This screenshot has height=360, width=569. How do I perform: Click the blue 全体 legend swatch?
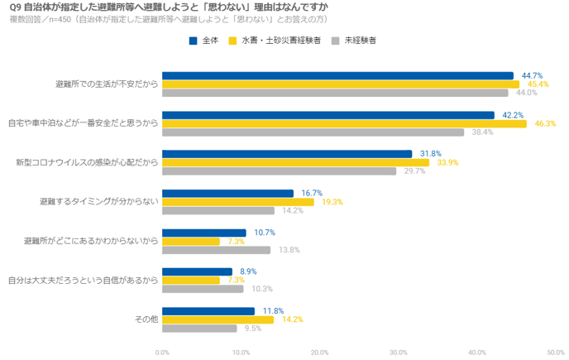point(193,40)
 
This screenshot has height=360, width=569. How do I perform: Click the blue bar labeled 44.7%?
point(337,75)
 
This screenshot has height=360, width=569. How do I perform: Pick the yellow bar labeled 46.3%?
point(344,123)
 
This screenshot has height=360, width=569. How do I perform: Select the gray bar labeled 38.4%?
point(313,132)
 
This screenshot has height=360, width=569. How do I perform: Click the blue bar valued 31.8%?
point(287,154)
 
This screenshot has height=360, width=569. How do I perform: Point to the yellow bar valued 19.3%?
point(238,202)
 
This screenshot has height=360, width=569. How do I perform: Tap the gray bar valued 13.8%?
point(217,250)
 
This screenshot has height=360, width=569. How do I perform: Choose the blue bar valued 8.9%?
point(198,271)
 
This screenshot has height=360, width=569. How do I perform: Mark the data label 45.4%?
point(538,84)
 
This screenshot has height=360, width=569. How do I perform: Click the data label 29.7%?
point(414,171)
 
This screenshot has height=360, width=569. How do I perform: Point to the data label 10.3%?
point(261,289)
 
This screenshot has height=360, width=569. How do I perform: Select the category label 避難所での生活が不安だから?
point(106,84)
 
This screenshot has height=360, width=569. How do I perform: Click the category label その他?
point(146,319)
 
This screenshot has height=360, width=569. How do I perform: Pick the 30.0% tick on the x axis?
point(399,352)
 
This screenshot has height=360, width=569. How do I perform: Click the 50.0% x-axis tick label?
point(556,352)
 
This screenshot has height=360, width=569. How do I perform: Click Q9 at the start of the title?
point(14,7)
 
